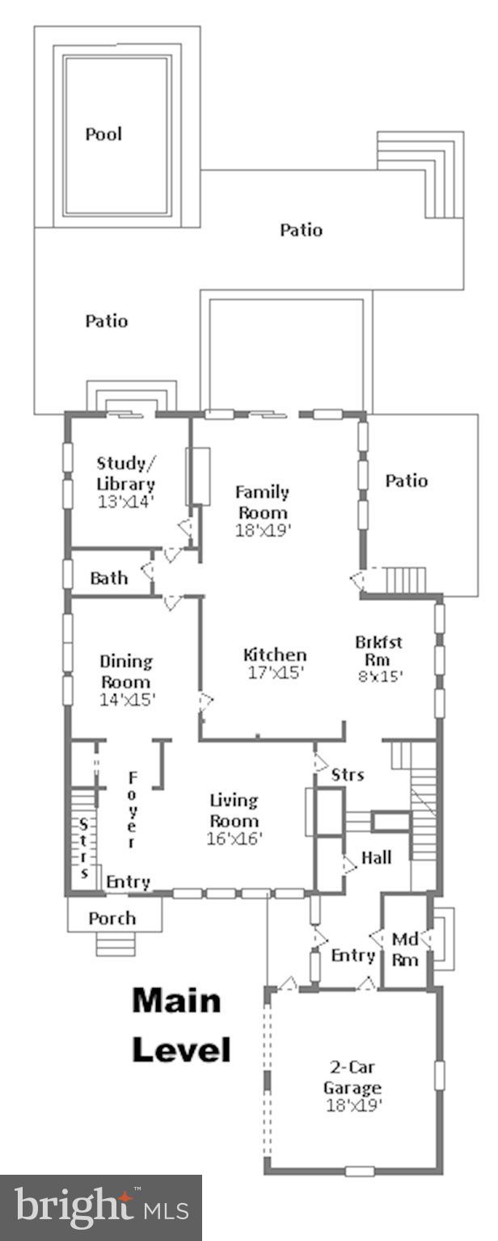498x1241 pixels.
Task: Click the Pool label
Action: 103,134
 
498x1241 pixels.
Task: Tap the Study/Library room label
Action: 125,474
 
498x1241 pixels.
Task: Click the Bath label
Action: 108,578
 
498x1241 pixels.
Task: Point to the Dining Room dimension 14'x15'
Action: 127,700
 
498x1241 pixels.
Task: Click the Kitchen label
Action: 275,654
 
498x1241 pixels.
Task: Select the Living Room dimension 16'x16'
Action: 234,839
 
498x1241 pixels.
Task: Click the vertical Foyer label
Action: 131,809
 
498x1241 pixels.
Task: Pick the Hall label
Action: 376,857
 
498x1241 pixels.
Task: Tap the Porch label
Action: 112,919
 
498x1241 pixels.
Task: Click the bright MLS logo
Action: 100,1208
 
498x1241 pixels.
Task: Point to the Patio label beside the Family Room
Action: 406,481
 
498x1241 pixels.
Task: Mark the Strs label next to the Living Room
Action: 348,775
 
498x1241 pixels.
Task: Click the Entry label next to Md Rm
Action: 353,956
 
